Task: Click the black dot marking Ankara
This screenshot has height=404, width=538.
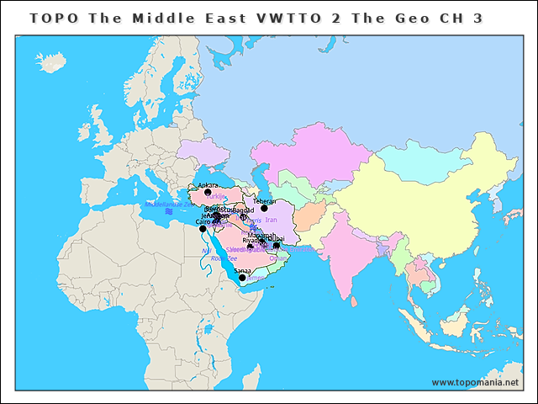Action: (x=208, y=193)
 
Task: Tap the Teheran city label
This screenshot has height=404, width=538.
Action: (x=264, y=201)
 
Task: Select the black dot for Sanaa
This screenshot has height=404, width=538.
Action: (x=242, y=278)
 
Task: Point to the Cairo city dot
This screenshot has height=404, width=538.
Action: (x=203, y=229)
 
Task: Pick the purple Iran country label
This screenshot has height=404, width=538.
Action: (x=271, y=220)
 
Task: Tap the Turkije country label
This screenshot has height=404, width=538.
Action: (x=216, y=196)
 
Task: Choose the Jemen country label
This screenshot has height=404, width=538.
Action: (x=256, y=278)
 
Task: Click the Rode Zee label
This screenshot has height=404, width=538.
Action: (x=223, y=258)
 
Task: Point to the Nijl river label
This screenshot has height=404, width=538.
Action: (x=206, y=251)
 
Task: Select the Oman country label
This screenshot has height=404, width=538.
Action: (x=277, y=258)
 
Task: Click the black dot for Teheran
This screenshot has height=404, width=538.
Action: (x=264, y=208)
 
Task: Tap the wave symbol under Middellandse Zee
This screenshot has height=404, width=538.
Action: (x=168, y=211)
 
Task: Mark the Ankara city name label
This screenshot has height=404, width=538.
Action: (x=207, y=185)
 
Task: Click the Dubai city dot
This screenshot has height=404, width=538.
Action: (x=277, y=246)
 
